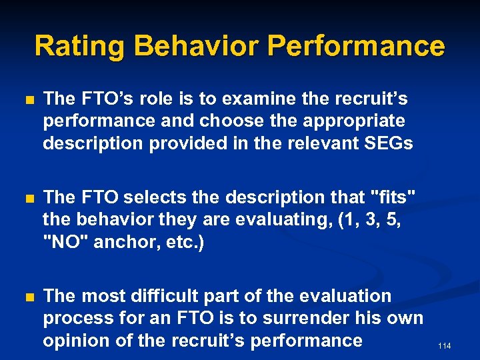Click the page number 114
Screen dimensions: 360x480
445,346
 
